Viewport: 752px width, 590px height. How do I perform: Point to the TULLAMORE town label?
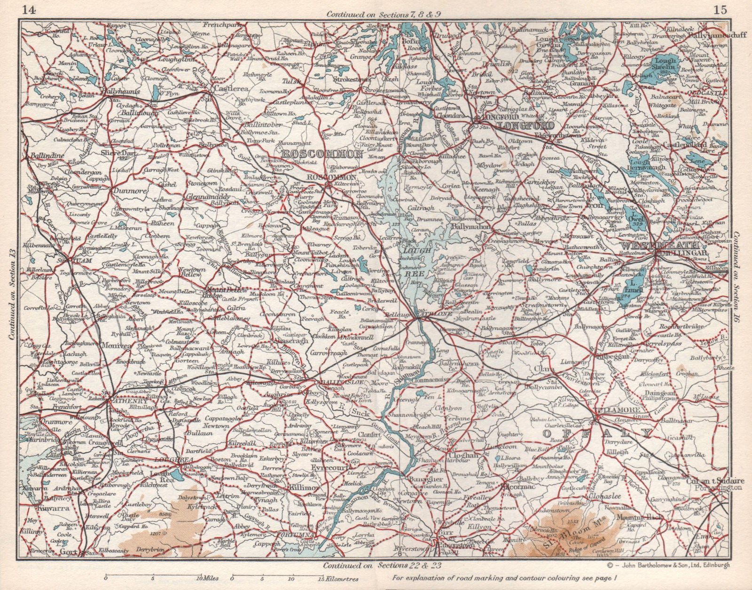pos(613,410)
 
